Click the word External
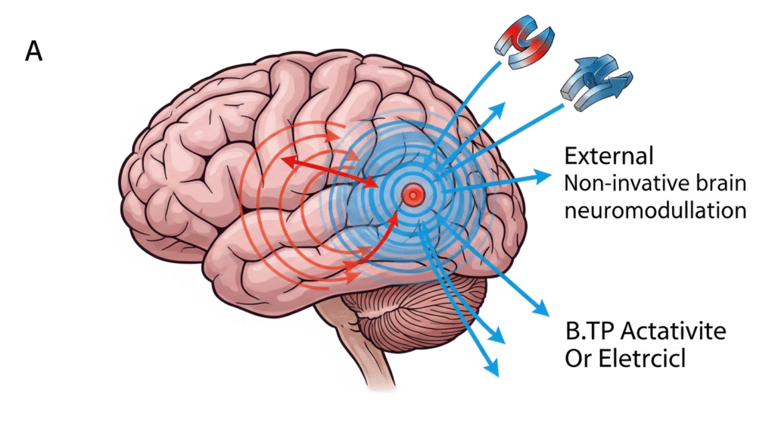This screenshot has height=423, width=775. click(608, 157)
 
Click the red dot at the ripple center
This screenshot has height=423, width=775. click(412, 195)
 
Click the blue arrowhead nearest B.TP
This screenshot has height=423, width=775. click(541, 309)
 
